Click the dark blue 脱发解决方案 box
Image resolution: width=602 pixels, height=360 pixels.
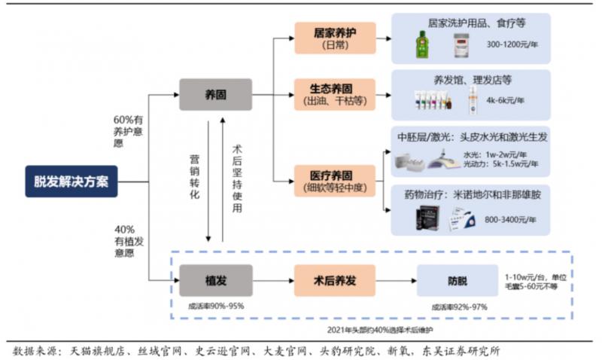pos(71,181)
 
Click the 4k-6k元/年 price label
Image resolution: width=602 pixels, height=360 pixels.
pos(505,99)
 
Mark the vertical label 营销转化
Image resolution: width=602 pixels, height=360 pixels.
pos(193,178)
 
